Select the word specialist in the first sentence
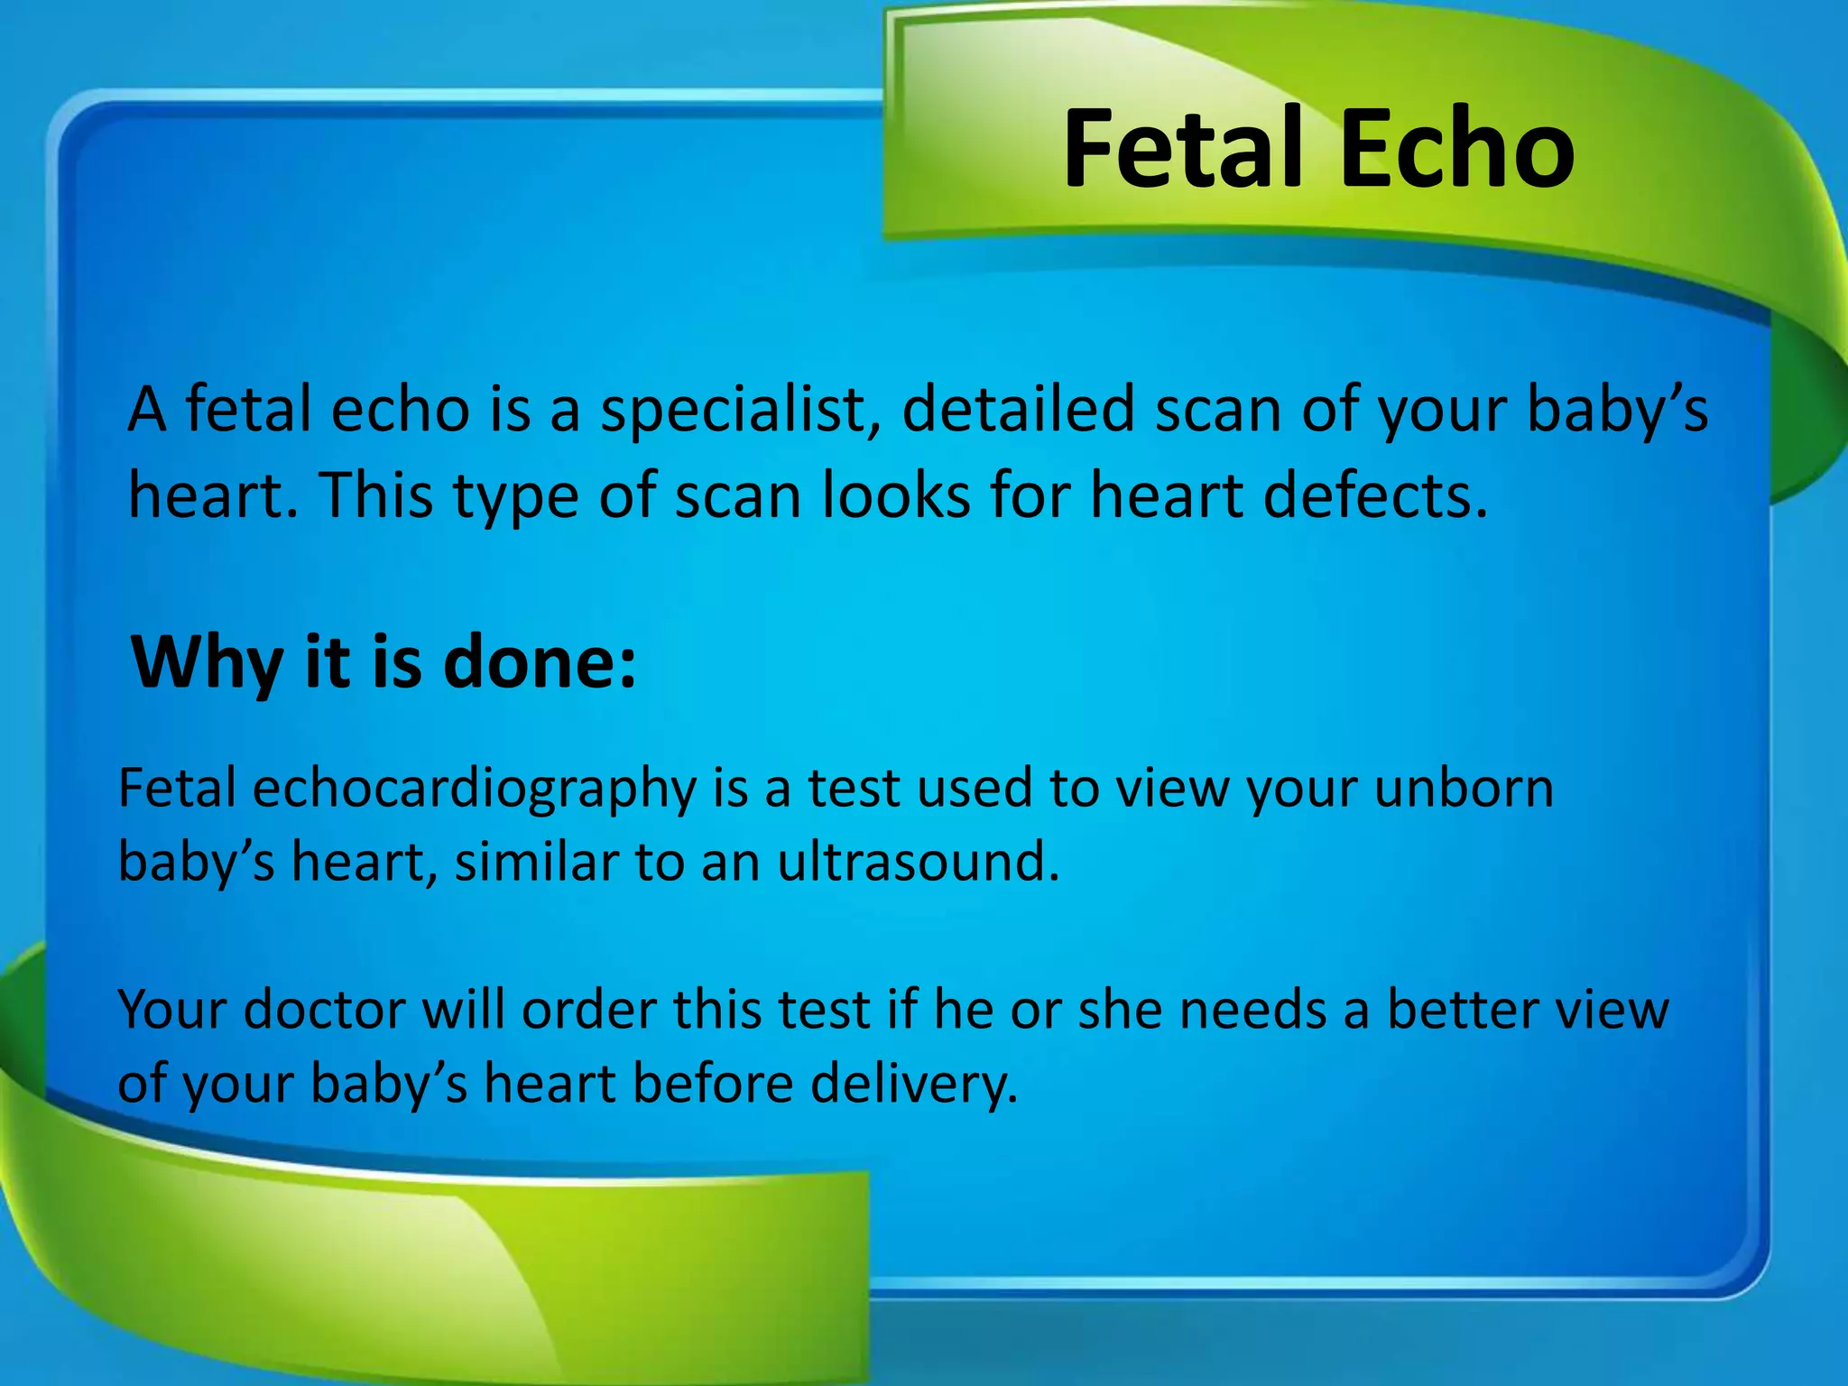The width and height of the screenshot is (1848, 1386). coord(740,411)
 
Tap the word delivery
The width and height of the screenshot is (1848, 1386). coord(913,1084)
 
